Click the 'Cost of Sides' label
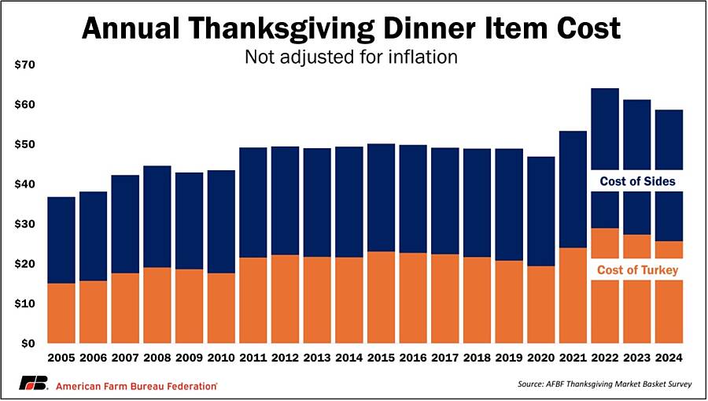pyautogui.click(x=637, y=181)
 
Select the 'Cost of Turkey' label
pyautogui.click(x=637, y=270)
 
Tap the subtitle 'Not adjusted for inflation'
pyautogui.click(x=352, y=58)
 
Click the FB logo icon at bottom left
pyautogui.click(x=34, y=384)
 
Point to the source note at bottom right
pyautogui.click(x=601, y=384)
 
